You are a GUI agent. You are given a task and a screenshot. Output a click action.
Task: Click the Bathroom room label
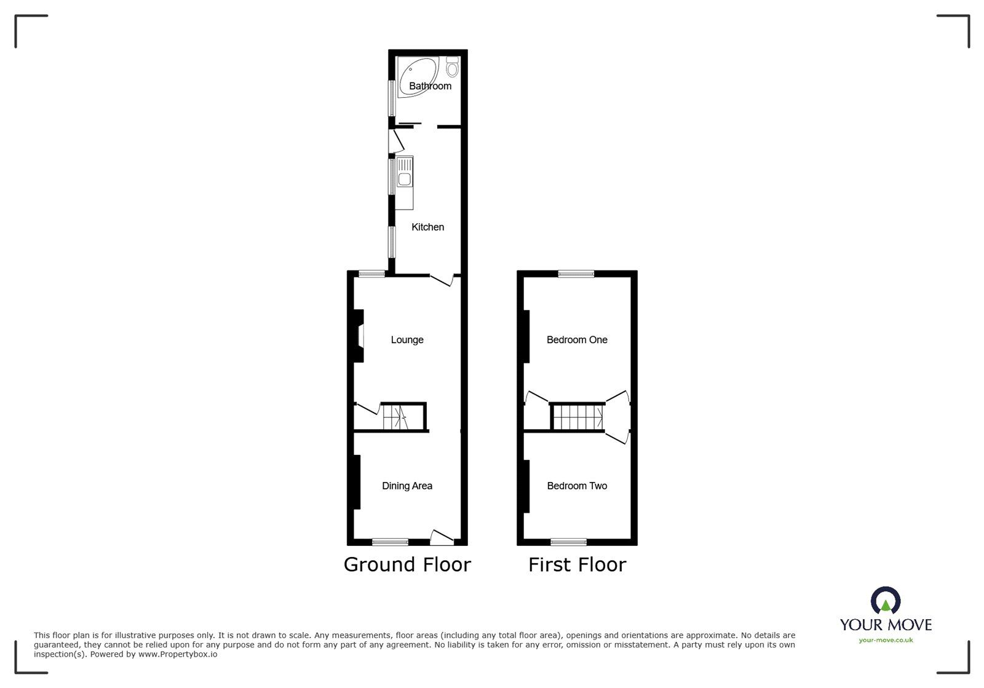coord(430,86)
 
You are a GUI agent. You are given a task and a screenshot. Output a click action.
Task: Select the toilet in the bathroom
coord(453,66)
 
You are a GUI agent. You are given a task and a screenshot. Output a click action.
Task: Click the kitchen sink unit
coord(405,176)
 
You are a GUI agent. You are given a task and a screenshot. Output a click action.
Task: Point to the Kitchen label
coord(427,227)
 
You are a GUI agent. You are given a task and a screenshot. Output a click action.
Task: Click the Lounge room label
coord(407,339)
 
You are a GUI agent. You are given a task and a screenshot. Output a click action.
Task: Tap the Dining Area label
coord(407,486)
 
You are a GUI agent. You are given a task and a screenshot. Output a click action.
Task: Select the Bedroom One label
coord(577,339)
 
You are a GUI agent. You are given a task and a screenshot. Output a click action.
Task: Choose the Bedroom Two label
coord(577,486)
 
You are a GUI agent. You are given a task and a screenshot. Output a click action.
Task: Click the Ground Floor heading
coord(407,564)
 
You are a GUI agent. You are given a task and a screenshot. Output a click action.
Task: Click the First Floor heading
coord(577,564)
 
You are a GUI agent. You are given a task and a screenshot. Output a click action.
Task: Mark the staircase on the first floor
coord(577,417)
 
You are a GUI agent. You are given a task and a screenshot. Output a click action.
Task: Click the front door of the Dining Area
coord(442,537)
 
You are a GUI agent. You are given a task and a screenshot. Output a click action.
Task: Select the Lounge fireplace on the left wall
coord(358,336)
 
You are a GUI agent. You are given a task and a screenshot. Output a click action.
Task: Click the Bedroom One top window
coord(576,274)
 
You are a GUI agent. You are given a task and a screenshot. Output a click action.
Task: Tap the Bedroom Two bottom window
coord(568,542)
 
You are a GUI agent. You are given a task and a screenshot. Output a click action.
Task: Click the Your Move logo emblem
coord(886,601)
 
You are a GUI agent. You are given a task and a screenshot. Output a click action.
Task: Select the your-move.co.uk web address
coord(886,640)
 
